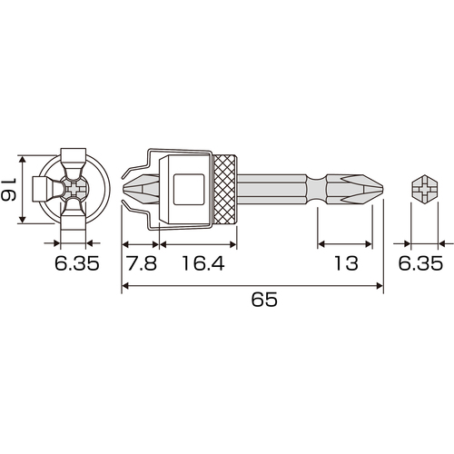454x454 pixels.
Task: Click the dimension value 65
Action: [264, 300]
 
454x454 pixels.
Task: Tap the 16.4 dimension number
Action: [203, 263]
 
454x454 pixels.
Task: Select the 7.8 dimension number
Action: [142, 263]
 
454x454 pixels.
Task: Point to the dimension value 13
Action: [346, 263]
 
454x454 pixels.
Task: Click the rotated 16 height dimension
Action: [8, 190]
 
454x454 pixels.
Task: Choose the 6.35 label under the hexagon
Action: [420, 263]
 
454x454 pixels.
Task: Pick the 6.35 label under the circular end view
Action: [77, 263]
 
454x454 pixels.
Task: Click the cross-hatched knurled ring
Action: [225, 190]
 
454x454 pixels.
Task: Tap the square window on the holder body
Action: [189, 190]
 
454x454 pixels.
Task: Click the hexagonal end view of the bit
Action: [425, 190]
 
